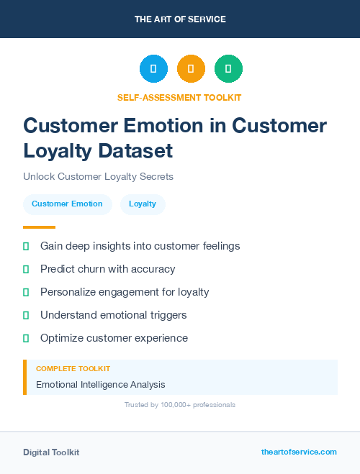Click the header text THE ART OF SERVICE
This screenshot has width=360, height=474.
click(180, 19)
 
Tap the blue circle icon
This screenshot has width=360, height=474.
click(153, 68)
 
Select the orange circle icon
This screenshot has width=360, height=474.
click(191, 68)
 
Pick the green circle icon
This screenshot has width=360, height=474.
click(228, 68)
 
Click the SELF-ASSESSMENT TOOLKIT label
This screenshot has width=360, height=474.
click(179, 97)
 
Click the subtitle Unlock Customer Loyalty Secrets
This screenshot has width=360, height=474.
click(98, 176)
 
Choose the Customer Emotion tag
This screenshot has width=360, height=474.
click(67, 204)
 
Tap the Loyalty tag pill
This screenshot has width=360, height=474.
click(143, 204)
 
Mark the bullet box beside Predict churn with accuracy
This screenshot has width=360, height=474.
click(26, 269)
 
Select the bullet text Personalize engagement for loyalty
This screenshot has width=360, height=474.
click(125, 292)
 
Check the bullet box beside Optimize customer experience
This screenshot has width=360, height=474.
click(26, 338)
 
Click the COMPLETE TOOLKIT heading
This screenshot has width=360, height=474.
click(73, 368)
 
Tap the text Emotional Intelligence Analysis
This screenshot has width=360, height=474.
click(101, 385)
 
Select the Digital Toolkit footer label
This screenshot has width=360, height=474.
click(51, 452)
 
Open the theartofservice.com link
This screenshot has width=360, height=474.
click(299, 452)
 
